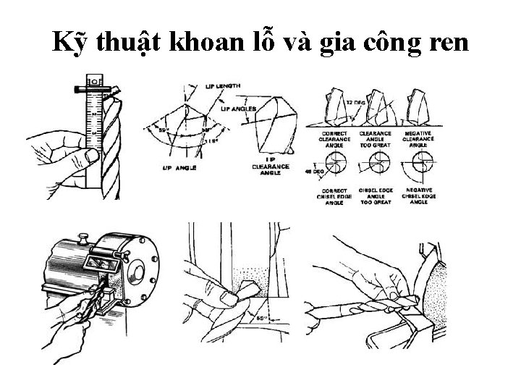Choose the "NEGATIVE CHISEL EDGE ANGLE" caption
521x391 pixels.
pyautogui.click(x=418, y=196)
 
